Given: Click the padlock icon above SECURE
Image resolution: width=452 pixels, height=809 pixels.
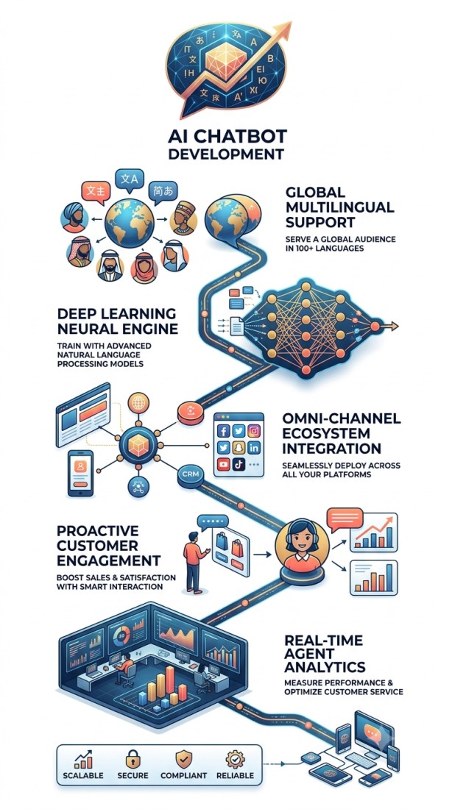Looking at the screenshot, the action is tap(133, 759).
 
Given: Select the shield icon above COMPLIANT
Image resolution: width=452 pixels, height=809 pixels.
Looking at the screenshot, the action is tap(183, 759).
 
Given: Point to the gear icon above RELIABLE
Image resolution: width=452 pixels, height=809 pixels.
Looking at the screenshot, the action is tap(235, 759).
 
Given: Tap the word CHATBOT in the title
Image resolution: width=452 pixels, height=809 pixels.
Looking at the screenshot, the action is tap(248, 137).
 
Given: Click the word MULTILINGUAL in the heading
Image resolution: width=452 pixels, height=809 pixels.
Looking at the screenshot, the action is tap(339, 207).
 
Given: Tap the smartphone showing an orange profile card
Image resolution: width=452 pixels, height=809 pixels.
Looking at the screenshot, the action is tap(80, 473).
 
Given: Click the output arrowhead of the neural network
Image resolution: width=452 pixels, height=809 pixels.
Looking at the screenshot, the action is tap(395, 326).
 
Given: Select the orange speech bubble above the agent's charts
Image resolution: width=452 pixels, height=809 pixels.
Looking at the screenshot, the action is tap(345, 519).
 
